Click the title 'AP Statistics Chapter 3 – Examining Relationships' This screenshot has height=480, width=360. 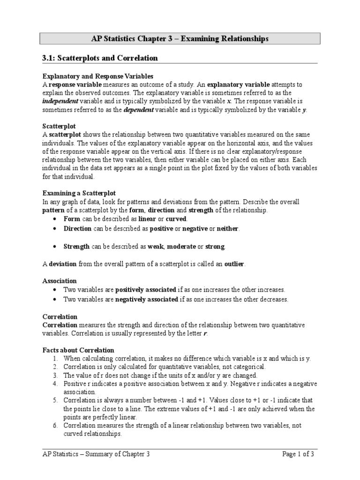(x=180, y=39)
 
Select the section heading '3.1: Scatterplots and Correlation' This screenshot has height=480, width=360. (x=100, y=58)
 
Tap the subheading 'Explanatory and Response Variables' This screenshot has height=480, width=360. (x=98, y=76)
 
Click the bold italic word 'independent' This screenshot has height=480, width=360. (x=60, y=101)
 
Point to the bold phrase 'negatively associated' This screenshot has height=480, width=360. (x=147, y=299)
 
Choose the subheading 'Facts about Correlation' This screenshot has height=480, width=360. (x=78, y=350)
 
